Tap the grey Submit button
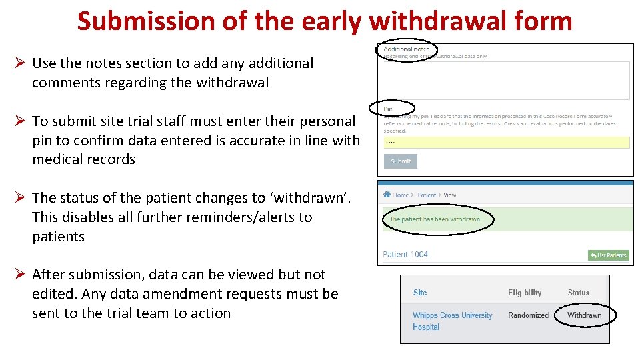click(401, 161)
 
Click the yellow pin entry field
click(506, 142)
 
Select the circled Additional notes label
click(406, 49)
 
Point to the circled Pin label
click(389, 109)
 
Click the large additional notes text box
click(506, 81)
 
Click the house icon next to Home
click(387, 195)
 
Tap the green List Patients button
click(608, 255)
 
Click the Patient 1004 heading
click(405, 254)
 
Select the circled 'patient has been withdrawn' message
click(436, 219)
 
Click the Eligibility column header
click(525, 293)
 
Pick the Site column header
click(420, 293)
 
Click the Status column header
click(578, 293)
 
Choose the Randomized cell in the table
click(528, 315)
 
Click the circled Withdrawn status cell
click(583, 315)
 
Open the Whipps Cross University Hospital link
click(452, 321)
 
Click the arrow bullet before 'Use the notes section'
click(21, 63)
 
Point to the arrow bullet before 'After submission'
click(21, 275)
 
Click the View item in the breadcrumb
click(450, 195)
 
